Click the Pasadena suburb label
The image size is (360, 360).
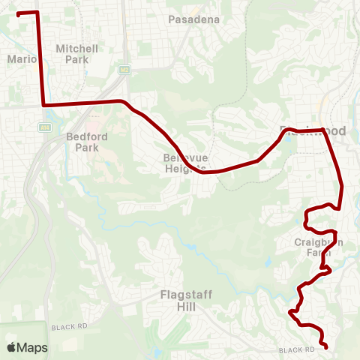pyautogui.click(x=194, y=19)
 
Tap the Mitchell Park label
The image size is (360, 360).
pyautogui.click(x=77, y=53)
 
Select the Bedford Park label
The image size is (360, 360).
pyautogui.click(x=82, y=142)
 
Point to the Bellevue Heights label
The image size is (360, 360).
pyautogui.click(x=184, y=163)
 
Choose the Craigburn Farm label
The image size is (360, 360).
pyautogui.click(x=319, y=247)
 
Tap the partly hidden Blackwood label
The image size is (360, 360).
pyautogui.click(x=313, y=130)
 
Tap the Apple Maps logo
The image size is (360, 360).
pyautogui.click(x=27, y=347)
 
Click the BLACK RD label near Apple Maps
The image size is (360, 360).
pyautogui.click(x=70, y=328)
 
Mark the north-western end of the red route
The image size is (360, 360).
pyautogui.click(x=18, y=13)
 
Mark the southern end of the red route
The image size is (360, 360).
pyautogui.click(x=326, y=346)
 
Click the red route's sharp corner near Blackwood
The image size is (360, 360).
pyautogui.click(x=323, y=130)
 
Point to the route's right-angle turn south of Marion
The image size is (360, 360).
pyautogui.click(x=44, y=105)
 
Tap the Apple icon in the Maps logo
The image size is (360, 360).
pyautogui.click(x=12, y=347)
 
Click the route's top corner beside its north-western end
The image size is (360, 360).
pyautogui.click(x=37, y=13)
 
